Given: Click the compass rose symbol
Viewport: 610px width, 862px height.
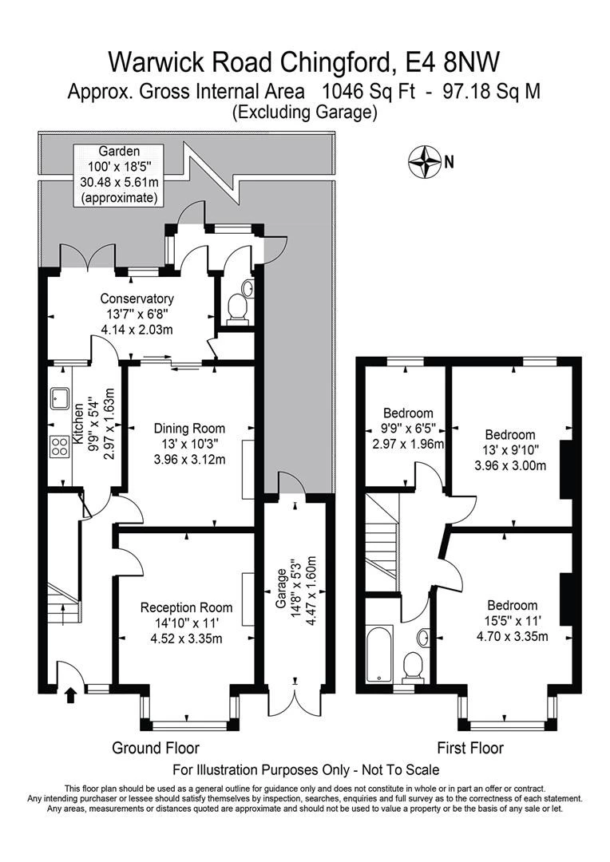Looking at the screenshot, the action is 426,161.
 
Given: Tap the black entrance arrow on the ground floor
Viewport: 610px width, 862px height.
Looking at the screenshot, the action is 70,695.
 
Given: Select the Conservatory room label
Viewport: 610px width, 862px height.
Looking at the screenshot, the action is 137,299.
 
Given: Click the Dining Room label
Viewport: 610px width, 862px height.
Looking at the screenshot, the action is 189,429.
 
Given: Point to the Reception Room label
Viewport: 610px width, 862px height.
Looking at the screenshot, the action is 187,607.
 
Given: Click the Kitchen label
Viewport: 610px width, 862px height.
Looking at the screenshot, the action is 78,425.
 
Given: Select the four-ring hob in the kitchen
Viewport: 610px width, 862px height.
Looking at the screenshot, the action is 59,446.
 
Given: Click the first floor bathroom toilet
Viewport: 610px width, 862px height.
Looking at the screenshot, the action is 413,666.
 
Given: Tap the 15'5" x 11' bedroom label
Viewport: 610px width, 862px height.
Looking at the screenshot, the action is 512,621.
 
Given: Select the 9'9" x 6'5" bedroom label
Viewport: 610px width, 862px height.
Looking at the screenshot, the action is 408,429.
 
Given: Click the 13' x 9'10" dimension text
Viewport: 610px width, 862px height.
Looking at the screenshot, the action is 510,449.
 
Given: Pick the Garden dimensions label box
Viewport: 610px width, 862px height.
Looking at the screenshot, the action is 119,174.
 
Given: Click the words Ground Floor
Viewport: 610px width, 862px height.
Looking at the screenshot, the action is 155,748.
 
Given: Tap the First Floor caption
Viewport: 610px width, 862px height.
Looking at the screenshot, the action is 470,748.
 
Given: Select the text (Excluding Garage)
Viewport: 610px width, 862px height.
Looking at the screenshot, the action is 305,113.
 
